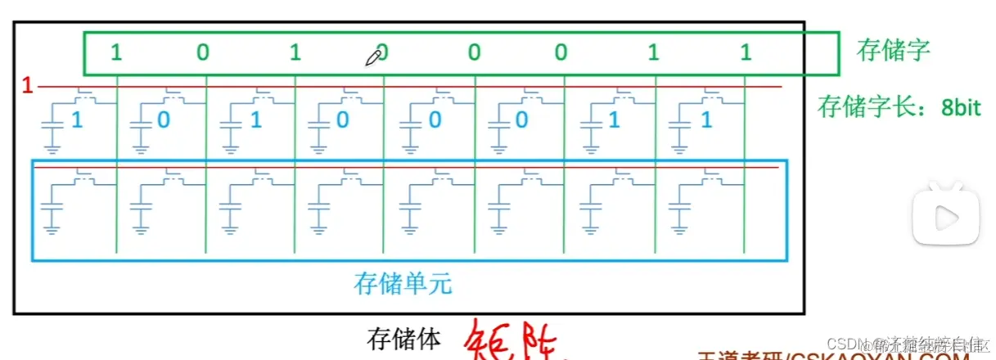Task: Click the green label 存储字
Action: (893, 51)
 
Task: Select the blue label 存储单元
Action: (403, 284)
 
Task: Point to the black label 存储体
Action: (404, 336)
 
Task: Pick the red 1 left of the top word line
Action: (27, 85)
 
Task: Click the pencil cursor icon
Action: (374, 56)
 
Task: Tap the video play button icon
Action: (946, 214)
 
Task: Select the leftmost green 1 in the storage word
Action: (116, 53)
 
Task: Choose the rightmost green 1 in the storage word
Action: (746, 53)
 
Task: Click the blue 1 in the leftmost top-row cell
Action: (78, 120)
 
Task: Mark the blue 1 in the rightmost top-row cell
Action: (706, 120)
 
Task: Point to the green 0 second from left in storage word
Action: (203, 53)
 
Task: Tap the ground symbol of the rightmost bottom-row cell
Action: (681, 229)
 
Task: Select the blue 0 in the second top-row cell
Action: (164, 120)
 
